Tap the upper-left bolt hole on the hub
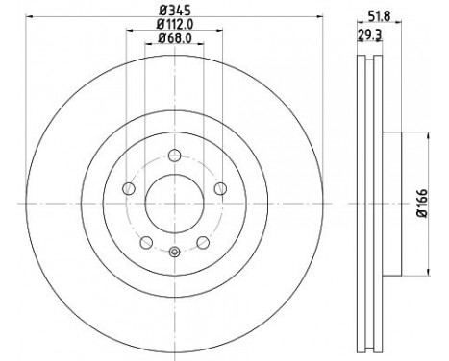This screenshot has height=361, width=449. click(128, 188)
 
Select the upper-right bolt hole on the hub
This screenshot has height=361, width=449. click(219, 188)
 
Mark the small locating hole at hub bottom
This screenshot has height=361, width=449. click(173, 253)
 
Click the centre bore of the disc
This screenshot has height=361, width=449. click(173, 203)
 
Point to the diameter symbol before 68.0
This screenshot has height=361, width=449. click(159, 38)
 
